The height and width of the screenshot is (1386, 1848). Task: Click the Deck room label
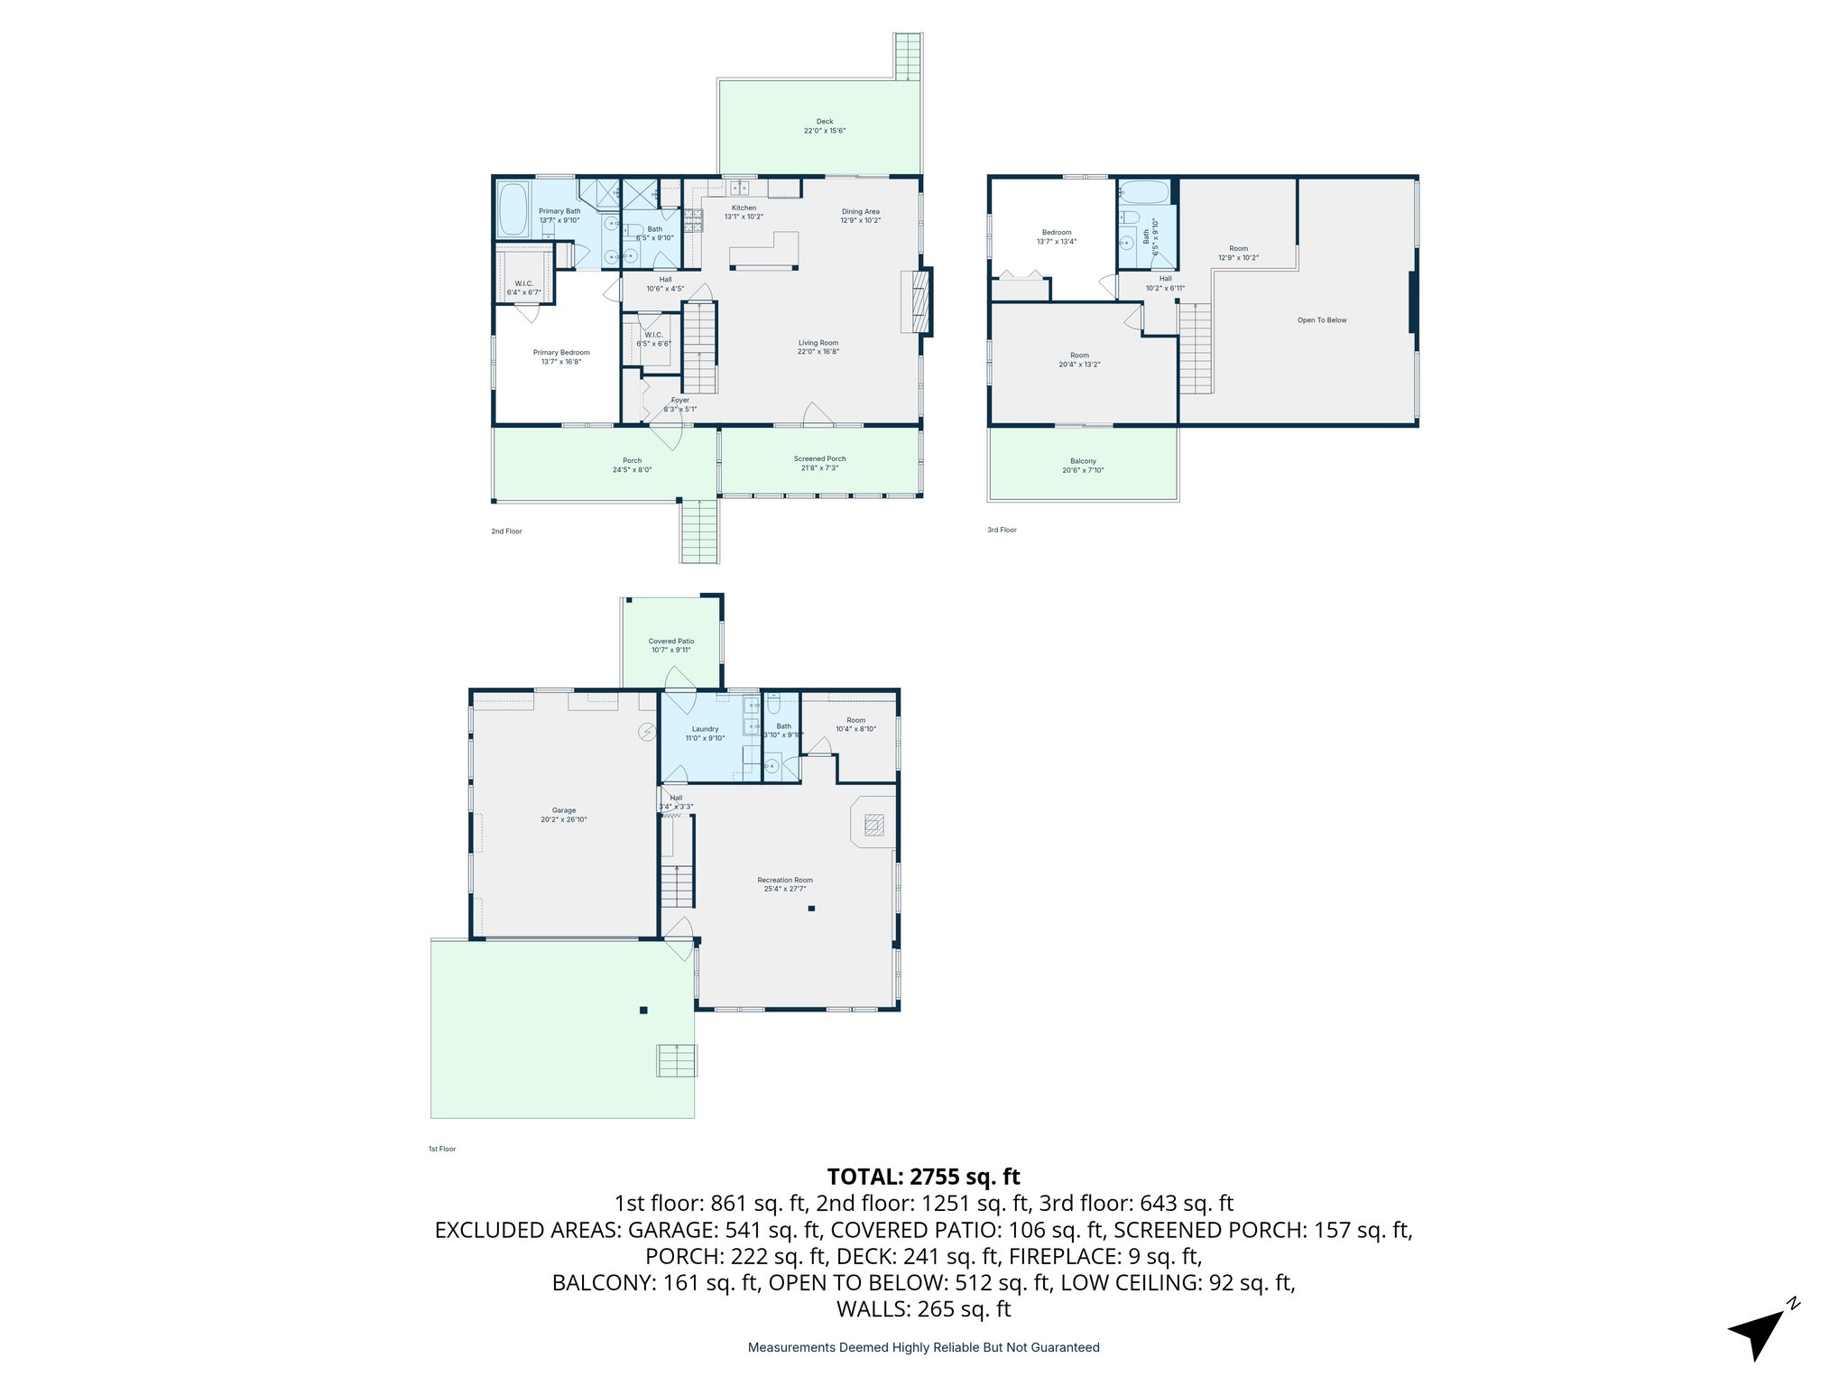[824, 125]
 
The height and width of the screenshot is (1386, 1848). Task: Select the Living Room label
[818, 346]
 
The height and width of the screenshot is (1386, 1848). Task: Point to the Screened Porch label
[819, 463]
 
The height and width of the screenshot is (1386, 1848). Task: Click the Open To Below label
[1321, 320]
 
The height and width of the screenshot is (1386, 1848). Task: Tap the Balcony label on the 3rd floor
[1083, 465]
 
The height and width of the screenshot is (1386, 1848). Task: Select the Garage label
[564, 815]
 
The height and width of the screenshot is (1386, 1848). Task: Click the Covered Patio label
[671, 645]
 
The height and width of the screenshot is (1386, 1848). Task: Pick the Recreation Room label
[784, 884]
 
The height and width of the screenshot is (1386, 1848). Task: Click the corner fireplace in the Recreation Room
[873, 824]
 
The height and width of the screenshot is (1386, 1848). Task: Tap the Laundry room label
[705, 733]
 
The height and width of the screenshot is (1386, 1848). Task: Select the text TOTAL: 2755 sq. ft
[923, 1177]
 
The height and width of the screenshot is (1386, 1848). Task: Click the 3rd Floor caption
[1002, 530]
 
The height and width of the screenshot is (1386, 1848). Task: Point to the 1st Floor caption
[442, 1149]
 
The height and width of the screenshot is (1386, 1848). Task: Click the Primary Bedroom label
[561, 356]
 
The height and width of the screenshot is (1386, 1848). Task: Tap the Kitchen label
[744, 212]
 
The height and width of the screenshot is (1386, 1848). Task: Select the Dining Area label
[860, 216]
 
